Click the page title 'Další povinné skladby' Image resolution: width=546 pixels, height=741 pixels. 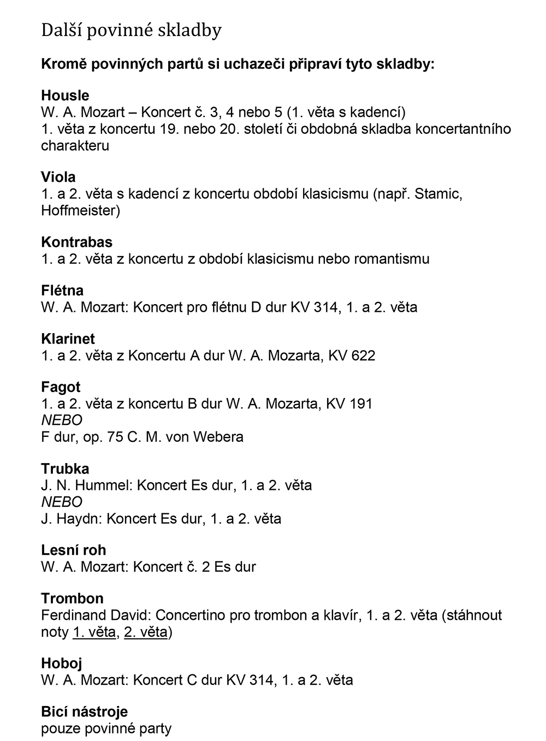tap(131, 31)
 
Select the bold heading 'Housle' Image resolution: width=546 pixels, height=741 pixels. tap(65, 96)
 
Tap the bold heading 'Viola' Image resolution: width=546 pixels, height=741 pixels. tap(58, 177)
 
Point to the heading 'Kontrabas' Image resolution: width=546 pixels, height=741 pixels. tap(76, 242)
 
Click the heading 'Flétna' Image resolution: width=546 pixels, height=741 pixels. tap(62, 291)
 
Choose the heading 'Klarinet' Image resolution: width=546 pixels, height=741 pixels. tap(68, 339)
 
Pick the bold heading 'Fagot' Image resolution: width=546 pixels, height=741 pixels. tap(61, 387)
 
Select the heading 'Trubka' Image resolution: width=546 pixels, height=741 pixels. tap(65, 469)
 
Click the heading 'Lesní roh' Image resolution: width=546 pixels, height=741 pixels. tap(73, 550)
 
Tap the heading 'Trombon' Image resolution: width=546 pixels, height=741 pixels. tap(72, 598)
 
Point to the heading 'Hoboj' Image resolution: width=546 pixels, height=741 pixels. tap(61, 663)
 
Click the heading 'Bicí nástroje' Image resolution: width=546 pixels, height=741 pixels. tap(84, 712)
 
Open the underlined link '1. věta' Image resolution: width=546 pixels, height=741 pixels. tap(94, 632)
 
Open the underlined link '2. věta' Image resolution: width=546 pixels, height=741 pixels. tap(146, 632)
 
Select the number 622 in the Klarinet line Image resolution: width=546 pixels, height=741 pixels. tap(363, 355)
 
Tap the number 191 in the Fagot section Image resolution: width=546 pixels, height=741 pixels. tap(360, 404)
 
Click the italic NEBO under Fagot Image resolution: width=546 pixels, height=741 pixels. tap(61, 420)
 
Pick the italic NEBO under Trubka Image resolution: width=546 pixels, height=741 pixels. tap(61, 502)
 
